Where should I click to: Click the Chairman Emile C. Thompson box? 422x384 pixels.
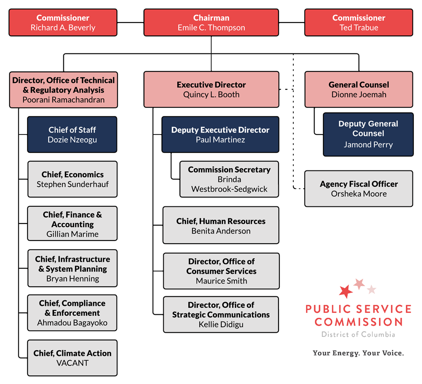pyautogui.click(x=211, y=22)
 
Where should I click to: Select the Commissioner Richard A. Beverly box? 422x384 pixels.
pyautogui.click(x=63, y=22)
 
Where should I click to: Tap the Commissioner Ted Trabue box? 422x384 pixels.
pyautogui.click(x=359, y=22)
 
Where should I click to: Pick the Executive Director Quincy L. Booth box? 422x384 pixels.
pyautogui.click(x=211, y=89)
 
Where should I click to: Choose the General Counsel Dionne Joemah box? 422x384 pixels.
pyautogui.click(x=359, y=89)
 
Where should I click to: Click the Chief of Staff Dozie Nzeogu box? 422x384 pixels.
pyautogui.click(x=72, y=134)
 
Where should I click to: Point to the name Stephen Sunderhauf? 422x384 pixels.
pyautogui.click(x=72, y=184)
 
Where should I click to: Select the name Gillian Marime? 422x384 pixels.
pyautogui.click(x=72, y=234)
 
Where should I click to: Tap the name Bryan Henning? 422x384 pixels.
pyautogui.click(x=72, y=279)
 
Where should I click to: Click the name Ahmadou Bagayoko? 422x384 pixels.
pyautogui.click(x=72, y=323)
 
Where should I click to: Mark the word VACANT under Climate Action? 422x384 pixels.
pyautogui.click(x=72, y=363)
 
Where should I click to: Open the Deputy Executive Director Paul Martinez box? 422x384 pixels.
pyautogui.click(x=220, y=134)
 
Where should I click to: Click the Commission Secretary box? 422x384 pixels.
pyautogui.click(x=229, y=179)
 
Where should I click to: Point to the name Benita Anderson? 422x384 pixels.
pyautogui.click(x=221, y=231)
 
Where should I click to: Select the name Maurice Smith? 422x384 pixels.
pyautogui.click(x=221, y=281)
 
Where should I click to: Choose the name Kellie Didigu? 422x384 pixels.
pyautogui.click(x=221, y=325)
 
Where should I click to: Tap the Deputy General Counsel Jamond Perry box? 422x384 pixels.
pyautogui.click(x=368, y=134)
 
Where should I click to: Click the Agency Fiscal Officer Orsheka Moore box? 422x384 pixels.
pyautogui.click(x=359, y=189)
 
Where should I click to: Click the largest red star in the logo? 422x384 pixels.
pyautogui.click(x=346, y=291)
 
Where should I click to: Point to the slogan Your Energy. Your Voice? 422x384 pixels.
pyautogui.click(x=358, y=353)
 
